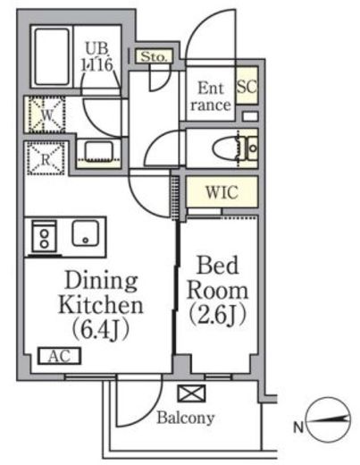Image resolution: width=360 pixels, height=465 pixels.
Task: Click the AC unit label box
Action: (x=60, y=356)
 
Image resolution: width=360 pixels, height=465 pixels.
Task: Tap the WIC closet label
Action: (x=222, y=192)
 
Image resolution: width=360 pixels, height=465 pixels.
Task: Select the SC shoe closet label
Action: (x=247, y=86)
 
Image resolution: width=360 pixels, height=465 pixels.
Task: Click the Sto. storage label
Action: (x=154, y=56)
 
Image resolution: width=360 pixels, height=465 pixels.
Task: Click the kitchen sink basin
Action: (x=86, y=233)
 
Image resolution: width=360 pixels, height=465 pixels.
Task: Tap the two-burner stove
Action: (x=45, y=238)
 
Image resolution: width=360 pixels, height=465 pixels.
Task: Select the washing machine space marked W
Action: (x=46, y=114)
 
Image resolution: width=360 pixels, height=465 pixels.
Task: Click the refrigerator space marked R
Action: (x=46, y=158)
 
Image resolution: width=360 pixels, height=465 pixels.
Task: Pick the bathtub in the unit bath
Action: (x=52, y=57)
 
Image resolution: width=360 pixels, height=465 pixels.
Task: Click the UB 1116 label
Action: (x=96, y=56)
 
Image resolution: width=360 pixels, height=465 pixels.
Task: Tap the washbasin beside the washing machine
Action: (x=99, y=151)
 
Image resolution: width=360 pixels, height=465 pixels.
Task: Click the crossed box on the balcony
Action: (x=192, y=393)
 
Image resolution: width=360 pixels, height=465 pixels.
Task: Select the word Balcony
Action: (x=186, y=418)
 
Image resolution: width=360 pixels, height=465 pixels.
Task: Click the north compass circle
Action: (x=329, y=418)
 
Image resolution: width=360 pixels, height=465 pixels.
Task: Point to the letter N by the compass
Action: (x=298, y=427)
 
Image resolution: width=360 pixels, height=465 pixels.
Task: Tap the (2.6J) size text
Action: (x=218, y=314)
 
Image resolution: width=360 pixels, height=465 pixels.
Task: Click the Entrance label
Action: (x=211, y=97)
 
